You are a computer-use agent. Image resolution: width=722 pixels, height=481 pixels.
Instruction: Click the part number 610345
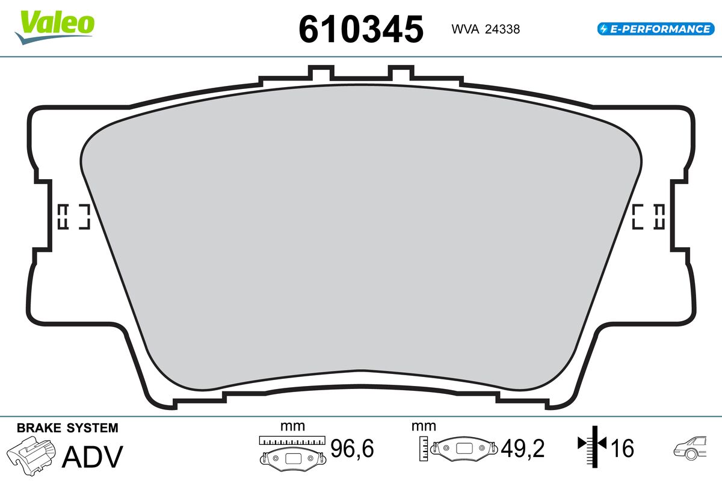pyautogui.click(x=361, y=29)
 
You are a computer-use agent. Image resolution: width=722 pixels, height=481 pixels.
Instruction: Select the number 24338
pyautogui.click(x=502, y=29)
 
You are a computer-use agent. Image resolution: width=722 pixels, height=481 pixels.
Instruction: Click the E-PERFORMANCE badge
pyautogui.click(x=656, y=29)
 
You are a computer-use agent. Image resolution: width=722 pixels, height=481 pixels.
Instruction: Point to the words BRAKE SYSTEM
pyautogui.click(x=67, y=428)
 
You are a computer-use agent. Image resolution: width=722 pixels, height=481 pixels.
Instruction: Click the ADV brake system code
pyautogui.click(x=93, y=456)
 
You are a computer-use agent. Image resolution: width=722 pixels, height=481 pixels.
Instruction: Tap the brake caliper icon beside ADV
pyautogui.click(x=31, y=456)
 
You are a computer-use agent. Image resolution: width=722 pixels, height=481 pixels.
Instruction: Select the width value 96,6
pyautogui.click(x=352, y=448)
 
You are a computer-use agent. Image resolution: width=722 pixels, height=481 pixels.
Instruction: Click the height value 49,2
pyautogui.click(x=522, y=448)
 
